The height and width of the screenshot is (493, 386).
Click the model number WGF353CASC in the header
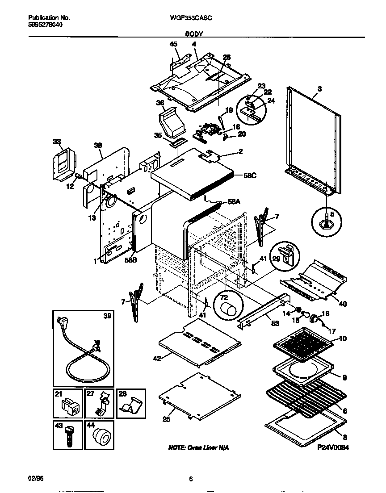point(191,18)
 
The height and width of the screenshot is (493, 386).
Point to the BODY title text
point(193,34)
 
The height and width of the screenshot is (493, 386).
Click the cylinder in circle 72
point(229,309)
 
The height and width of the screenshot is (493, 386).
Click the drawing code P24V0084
point(333,447)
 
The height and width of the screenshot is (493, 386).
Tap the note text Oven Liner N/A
point(198,447)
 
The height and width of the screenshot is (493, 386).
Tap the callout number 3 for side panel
point(319,89)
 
